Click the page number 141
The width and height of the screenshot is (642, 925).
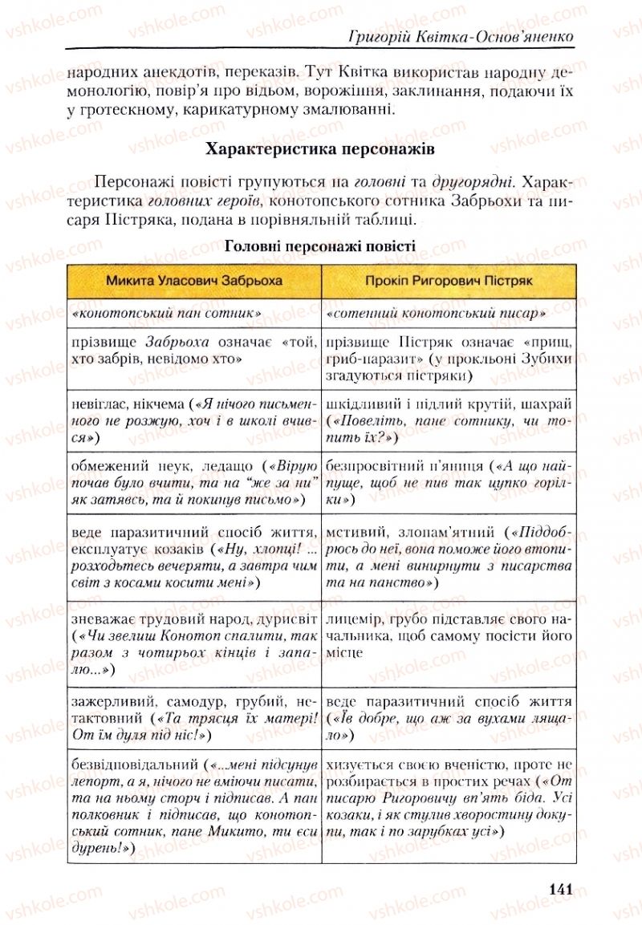[560, 888]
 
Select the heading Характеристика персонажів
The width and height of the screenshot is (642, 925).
[320, 150]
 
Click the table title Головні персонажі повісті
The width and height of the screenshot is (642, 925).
[320, 245]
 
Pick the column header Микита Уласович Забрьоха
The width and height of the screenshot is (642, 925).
[193, 282]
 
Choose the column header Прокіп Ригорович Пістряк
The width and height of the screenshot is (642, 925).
[449, 282]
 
